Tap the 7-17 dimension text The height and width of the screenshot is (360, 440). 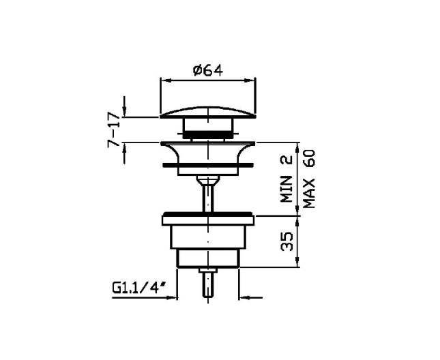click(x=114, y=130)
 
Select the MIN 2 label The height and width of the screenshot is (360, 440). click(x=287, y=179)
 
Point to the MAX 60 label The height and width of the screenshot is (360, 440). click(x=309, y=179)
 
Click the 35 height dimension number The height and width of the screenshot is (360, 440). click(x=287, y=241)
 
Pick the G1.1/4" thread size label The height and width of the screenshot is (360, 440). click(x=138, y=288)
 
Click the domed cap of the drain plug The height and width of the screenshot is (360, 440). click(x=208, y=112)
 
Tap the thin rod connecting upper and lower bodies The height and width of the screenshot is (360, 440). click(x=208, y=198)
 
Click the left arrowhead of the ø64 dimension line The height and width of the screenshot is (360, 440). click(x=166, y=80)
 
